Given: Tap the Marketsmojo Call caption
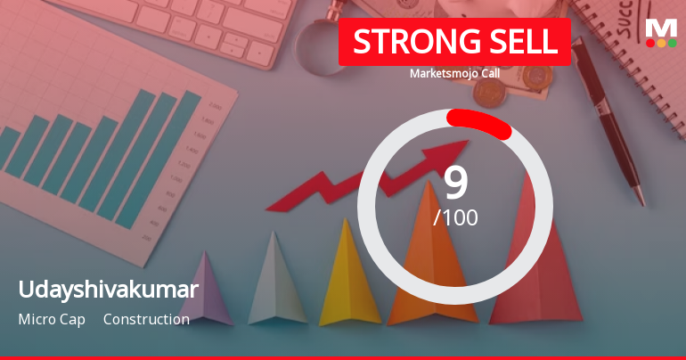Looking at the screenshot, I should (x=454, y=73).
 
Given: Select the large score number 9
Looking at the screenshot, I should (x=455, y=183).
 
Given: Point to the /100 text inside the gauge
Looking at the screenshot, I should (x=455, y=217).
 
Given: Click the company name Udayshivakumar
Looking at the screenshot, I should (x=108, y=290).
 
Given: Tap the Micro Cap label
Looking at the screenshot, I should (x=52, y=319).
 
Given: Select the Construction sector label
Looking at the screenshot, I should (x=146, y=319).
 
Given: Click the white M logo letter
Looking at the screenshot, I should (x=661, y=27).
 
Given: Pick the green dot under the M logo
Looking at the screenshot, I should (x=672, y=43).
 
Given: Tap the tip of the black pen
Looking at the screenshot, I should (x=639, y=200).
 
